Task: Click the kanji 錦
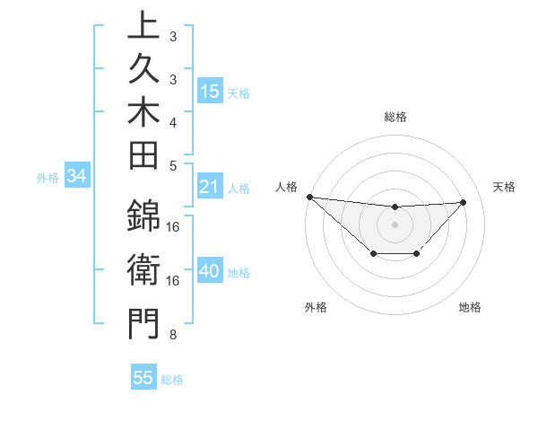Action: [143, 216]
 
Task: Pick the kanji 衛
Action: [143, 268]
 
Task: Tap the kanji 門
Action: [143, 322]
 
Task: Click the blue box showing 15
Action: [210, 92]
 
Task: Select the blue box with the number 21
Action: [210, 188]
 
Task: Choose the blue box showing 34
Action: [77, 177]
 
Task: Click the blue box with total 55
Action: [143, 378]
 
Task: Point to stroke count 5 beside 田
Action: [173, 165]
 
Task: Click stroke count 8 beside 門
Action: [173, 335]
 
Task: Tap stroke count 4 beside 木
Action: [173, 121]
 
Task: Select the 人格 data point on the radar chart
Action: [309, 197]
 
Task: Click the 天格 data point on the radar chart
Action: [464, 202]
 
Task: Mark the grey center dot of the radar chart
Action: [395, 224]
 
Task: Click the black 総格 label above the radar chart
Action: [395, 117]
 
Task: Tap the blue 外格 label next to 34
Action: [48, 178]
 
